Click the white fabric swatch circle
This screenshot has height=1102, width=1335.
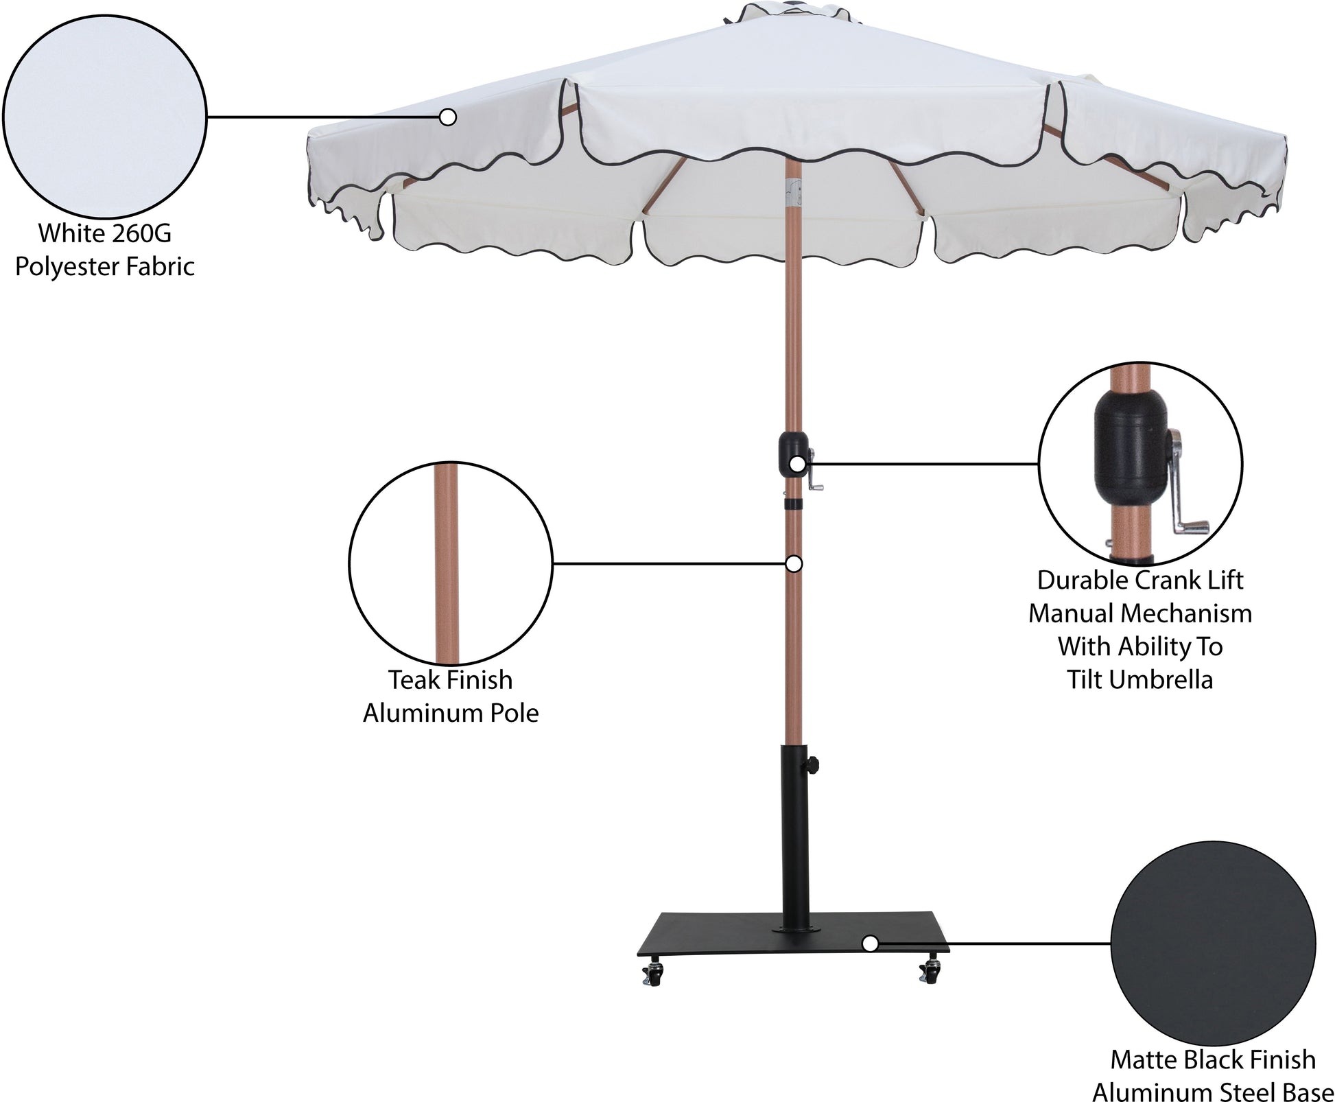point(104,117)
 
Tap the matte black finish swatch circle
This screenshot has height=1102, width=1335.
point(1213,943)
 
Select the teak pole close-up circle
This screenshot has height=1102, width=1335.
point(451,563)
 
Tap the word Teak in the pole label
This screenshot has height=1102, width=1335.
point(414,680)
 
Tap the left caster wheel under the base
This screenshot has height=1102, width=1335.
point(652,972)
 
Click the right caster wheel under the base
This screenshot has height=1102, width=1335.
point(930,970)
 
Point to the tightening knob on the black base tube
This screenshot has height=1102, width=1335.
point(814,764)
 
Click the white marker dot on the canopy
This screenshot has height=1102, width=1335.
point(448,117)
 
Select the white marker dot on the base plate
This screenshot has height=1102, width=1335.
point(870,943)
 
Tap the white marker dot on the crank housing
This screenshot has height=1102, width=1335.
point(797,464)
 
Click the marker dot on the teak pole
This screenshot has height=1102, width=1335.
point(794,563)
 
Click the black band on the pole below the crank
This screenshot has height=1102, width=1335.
point(794,504)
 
